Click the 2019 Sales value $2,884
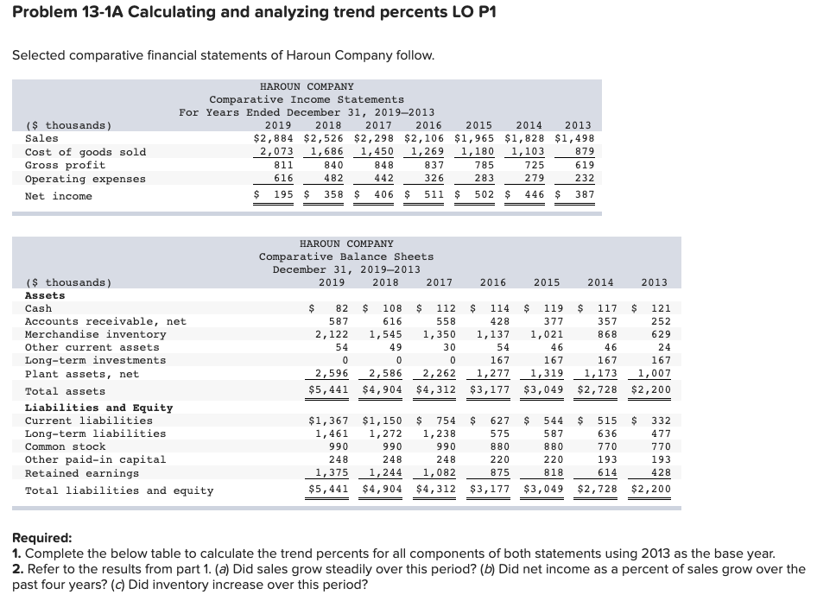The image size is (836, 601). click(x=273, y=138)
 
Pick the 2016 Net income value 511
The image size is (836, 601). click(x=432, y=196)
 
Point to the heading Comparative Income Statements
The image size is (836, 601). click(x=307, y=99)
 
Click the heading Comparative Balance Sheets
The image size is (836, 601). click(x=346, y=256)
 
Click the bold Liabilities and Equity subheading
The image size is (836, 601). click(x=98, y=408)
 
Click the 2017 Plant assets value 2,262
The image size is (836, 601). click(x=437, y=373)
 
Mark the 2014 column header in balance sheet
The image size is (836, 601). click(x=600, y=282)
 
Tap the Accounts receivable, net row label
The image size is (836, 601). click(x=105, y=321)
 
